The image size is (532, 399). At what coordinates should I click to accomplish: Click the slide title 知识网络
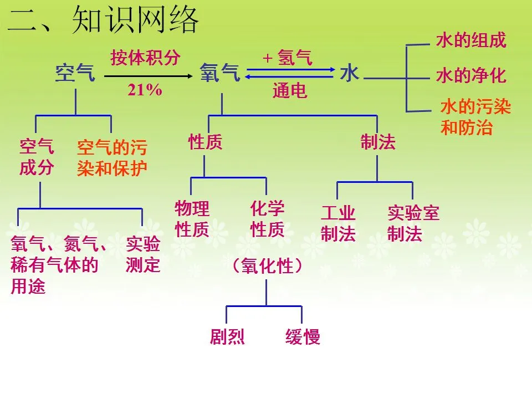(135, 21)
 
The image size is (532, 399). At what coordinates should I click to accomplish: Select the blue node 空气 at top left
(75, 73)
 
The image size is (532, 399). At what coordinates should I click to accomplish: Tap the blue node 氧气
(220, 73)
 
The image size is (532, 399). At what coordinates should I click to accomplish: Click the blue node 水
(350, 73)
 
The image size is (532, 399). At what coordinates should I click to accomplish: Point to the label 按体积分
(145, 57)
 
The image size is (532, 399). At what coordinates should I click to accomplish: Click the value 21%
(145, 90)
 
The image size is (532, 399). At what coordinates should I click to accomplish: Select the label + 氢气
(288, 57)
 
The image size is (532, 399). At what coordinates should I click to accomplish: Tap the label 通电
(290, 90)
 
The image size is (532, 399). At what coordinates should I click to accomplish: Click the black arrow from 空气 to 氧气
(149, 76)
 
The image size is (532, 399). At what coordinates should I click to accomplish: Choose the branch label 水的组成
(471, 40)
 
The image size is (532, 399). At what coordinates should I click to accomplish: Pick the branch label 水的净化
(471, 75)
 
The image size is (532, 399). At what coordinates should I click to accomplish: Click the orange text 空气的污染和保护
(112, 158)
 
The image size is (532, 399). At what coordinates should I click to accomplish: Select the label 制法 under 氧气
(378, 141)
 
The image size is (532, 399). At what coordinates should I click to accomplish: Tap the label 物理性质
(192, 219)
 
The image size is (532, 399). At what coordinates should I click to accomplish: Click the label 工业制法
(338, 223)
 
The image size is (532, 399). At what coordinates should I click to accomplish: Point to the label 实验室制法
(413, 223)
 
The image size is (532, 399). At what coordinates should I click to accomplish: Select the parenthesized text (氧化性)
(267, 265)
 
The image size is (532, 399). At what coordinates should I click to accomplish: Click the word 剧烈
(227, 337)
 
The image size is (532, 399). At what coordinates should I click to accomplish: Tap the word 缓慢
(303, 337)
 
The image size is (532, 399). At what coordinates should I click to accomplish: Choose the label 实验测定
(143, 254)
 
